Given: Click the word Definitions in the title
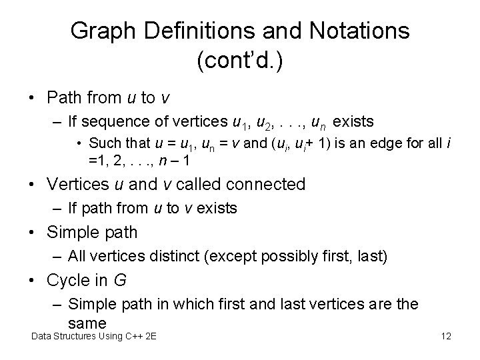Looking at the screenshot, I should click(181, 31).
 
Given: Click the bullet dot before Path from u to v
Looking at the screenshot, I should click(31, 98).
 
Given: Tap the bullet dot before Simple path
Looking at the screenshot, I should click(31, 233).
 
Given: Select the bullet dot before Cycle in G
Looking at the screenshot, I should click(31, 281).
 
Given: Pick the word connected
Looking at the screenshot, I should click(259, 184).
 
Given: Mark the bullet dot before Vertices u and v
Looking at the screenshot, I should click(31, 184).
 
